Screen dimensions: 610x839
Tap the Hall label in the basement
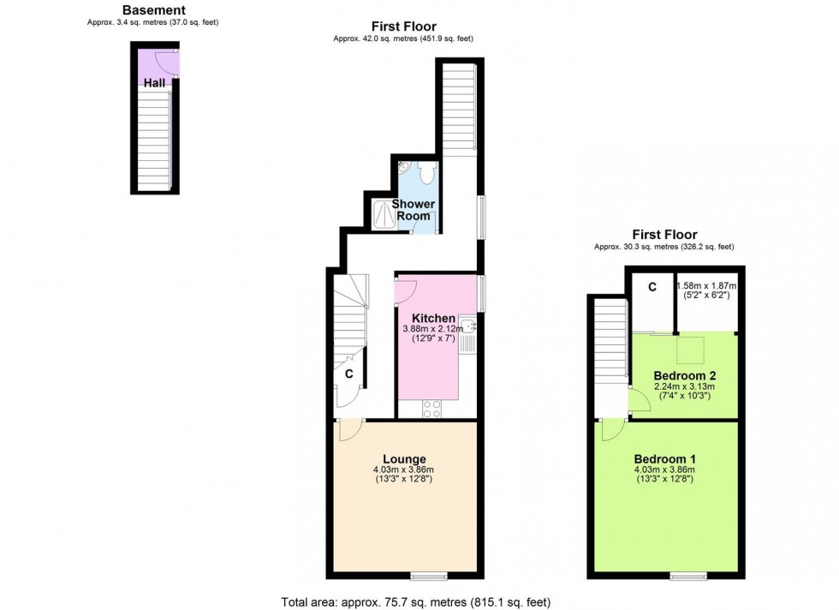click(x=154, y=83)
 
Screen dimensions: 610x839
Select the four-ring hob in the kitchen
click(x=432, y=409)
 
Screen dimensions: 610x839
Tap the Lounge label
click(x=404, y=459)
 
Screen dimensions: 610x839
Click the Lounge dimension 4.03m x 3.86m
click(x=404, y=469)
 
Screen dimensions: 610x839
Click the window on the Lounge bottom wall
click(x=428, y=576)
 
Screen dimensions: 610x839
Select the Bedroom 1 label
click(x=664, y=458)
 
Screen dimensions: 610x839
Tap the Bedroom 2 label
click(x=684, y=375)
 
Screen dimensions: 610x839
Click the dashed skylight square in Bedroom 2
click(x=692, y=349)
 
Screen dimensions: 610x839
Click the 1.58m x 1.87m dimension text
click(x=706, y=286)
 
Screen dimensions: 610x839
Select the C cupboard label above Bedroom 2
click(x=652, y=286)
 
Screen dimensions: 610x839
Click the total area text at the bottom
click(x=419, y=601)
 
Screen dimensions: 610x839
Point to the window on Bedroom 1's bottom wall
click(x=687, y=576)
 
